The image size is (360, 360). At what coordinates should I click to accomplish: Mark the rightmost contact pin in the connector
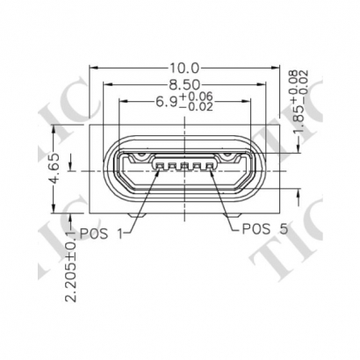click(x=211, y=164)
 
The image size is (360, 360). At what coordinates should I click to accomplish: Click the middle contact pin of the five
click(x=185, y=164)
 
